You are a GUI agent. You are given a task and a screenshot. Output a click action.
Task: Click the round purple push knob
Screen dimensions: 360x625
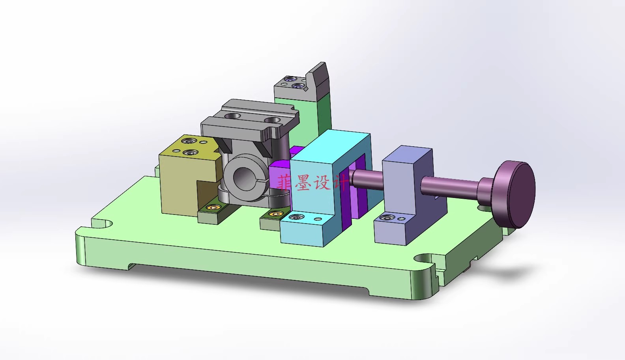[x=515, y=194]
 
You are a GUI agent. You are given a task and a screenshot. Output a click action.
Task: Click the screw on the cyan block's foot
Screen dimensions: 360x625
[x=296, y=217]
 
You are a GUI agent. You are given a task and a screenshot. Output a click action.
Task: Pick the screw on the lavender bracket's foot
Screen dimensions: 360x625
[x=388, y=217]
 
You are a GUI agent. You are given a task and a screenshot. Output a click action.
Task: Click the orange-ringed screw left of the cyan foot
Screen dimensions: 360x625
[x=274, y=214]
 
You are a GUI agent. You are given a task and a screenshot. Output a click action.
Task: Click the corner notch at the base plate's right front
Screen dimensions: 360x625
[x=424, y=259]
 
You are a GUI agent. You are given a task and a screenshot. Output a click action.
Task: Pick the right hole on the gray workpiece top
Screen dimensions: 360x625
[x=272, y=119]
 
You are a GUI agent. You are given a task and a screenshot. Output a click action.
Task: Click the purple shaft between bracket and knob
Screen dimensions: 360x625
[x=450, y=185]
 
